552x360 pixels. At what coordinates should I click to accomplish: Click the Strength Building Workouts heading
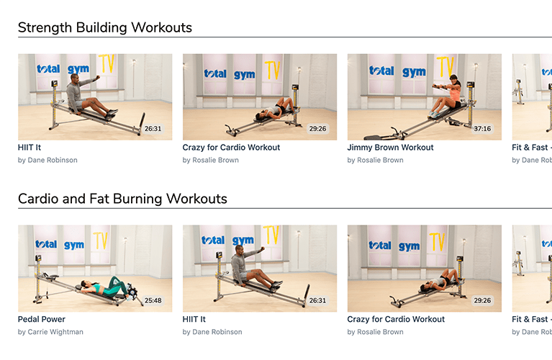coord(105,27)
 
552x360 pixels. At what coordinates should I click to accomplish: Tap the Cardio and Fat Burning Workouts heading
coord(122,199)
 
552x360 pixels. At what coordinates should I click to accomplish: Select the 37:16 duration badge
coord(482,129)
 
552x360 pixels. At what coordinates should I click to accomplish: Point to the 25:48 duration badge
coord(153,300)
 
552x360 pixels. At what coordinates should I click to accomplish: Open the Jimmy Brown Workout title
coord(390,148)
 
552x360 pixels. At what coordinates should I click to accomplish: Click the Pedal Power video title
coord(42,319)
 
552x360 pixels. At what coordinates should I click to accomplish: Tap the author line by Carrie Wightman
coord(50,332)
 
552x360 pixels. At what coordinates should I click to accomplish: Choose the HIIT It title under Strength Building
coord(30,148)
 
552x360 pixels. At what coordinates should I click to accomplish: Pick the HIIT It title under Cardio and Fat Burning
coord(194,319)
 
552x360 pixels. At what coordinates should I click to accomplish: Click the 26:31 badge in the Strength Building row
coord(153,129)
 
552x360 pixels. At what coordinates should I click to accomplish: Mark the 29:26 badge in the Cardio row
coord(482,300)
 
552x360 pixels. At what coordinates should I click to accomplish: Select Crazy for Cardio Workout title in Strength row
coord(231,148)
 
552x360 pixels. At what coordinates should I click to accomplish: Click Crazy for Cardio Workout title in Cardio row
coord(396,319)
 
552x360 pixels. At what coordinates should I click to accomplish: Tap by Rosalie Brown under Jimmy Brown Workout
coord(375,160)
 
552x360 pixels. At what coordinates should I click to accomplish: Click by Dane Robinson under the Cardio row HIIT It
coord(212,332)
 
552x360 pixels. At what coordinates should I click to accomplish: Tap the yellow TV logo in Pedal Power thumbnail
coord(101,240)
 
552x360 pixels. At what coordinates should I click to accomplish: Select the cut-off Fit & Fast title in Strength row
coord(532,148)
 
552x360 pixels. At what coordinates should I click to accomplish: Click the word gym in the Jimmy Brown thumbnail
coord(414,72)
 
